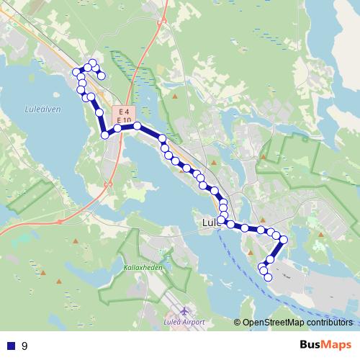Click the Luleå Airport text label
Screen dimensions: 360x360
pyautogui.click(x=184, y=322)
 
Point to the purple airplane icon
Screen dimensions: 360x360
pyautogui.click(x=184, y=311)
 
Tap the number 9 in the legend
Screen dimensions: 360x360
pyautogui.click(x=24, y=346)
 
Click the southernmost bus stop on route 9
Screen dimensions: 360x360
pyautogui.click(x=268, y=277)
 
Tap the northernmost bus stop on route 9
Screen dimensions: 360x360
pyautogui.click(x=92, y=63)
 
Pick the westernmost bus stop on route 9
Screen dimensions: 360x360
pyautogui.click(x=76, y=71)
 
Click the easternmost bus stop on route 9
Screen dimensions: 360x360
pyautogui.click(x=284, y=239)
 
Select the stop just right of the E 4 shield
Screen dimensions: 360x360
pyautogui.click(x=137, y=125)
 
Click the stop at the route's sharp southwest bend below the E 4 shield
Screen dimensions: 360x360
pyautogui.click(x=105, y=135)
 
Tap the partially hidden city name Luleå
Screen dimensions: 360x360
pyautogui.click(x=210, y=223)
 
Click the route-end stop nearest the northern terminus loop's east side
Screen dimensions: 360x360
pyautogui.click(x=102, y=75)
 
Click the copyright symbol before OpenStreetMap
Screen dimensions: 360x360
pyautogui.click(x=238, y=323)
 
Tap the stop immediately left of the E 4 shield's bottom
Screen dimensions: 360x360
pyautogui.click(x=117, y=128)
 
